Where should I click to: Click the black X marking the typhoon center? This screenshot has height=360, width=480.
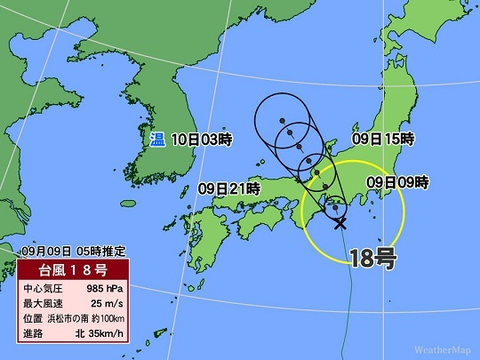pyautogui.click(x=340, y=223)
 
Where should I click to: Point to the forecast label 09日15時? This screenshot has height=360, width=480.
pyautogui.click(x=384, y=139)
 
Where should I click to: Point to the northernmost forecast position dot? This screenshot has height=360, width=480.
pyautogui.click(x=281, y=120)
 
